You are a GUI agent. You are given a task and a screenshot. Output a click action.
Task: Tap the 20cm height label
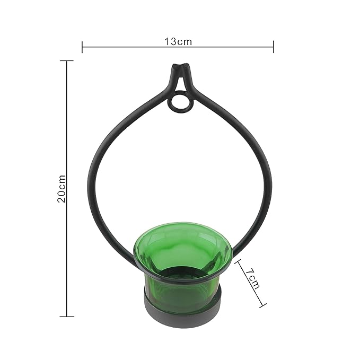(62, 189)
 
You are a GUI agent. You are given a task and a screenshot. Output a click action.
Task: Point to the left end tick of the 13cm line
(82, 47)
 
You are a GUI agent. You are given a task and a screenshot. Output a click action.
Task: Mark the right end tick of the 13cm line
(274, 47)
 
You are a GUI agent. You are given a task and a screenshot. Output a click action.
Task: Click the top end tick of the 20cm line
(66, 61)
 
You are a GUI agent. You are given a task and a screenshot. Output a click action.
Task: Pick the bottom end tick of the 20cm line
(66, 317)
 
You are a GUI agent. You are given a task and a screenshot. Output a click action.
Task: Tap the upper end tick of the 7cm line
(236, 260)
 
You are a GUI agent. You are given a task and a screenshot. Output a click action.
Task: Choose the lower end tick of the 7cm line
(262, 306)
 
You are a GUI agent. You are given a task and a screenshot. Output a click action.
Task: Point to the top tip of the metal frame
(179, 67)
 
